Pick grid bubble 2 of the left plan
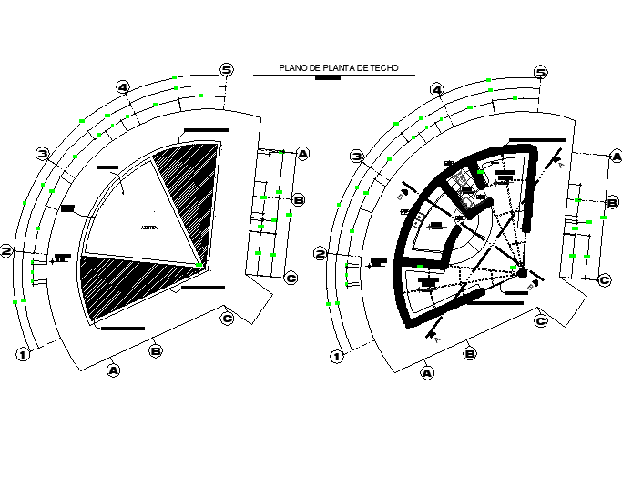pos(6,250)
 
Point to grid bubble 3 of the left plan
pos(42,153)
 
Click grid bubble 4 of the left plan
pos(123,87)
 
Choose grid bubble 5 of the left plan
pos(227,69)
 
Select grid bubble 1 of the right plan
pos(336,356)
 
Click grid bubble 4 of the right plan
pos(436,90)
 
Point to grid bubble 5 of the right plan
pos(541,72)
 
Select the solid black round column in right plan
pos(522,273)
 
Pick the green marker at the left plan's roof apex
pos(202,265)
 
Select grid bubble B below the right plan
pos(470,353)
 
